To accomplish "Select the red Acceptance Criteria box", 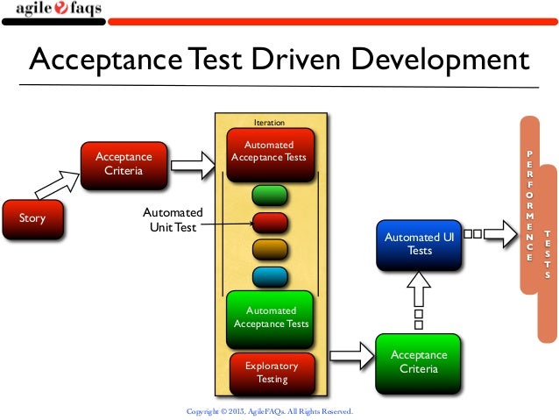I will [124, 164].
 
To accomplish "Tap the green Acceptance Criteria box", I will [419, 362].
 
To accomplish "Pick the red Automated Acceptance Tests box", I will [270, 152].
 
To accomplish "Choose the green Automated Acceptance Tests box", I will [270, 317].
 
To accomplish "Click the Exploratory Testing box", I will [271, 372].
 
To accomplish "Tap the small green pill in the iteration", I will [270, 195].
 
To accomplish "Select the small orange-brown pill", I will [270, 249].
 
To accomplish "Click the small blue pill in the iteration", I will [270, 276].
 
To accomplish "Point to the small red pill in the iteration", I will [270, 222].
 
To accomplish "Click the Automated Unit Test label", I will [173, 220].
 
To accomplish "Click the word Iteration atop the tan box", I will [269, 123].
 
